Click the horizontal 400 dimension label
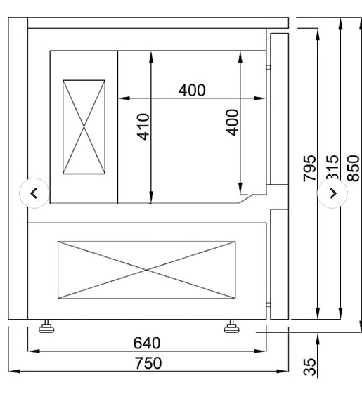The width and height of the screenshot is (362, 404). point(192,90)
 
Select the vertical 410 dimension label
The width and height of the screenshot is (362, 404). point(143,126)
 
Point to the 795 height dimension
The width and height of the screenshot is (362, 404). point(310,169)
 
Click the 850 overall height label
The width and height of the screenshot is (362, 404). point(354,168)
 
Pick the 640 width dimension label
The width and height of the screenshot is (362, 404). point(147,343)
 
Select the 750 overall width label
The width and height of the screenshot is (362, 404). point(148,363)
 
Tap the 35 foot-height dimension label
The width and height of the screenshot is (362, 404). point(310,366)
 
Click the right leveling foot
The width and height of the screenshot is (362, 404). point(231,326)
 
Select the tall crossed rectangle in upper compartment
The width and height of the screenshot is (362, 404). point(84,126)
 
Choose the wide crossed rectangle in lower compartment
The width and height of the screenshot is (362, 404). point(146,269)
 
